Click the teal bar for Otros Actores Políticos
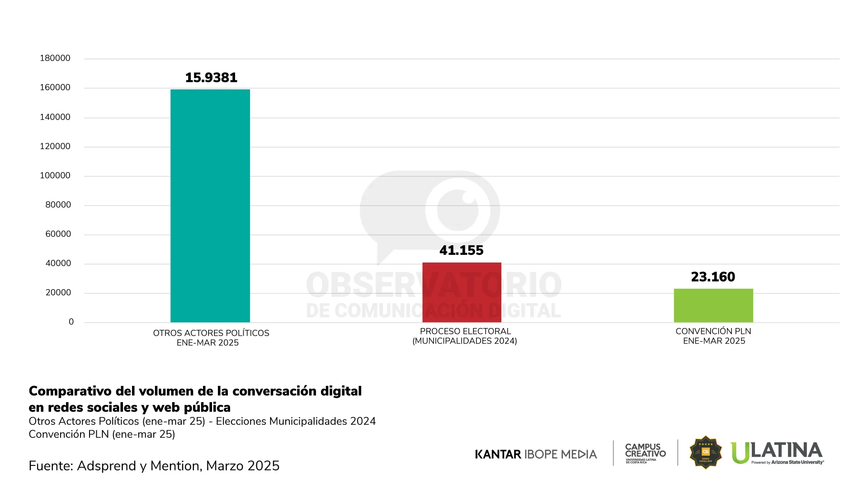pos(210,206)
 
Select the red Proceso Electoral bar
pos(462,292)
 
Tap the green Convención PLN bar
pos(713,305)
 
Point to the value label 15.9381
pos(211,78)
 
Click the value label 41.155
pos(462,250)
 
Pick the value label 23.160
pos(713,277)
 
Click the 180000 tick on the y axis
pos(55,58)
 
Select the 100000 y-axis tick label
pos(55,175)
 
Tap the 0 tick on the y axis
pos(71,322)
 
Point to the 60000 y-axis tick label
pos(58,234)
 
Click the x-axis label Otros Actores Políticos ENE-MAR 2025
pos(211,338)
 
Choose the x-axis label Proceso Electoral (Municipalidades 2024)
pos(465,336)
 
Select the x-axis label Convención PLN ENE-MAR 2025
pos(713,336)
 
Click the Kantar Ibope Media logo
pos(536,454)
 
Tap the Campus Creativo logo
pos(645,453)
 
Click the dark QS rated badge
pos(705,452)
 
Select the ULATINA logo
pos(777,453)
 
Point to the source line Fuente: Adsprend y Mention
pos(154,466)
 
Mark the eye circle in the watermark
pos(458,210)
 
